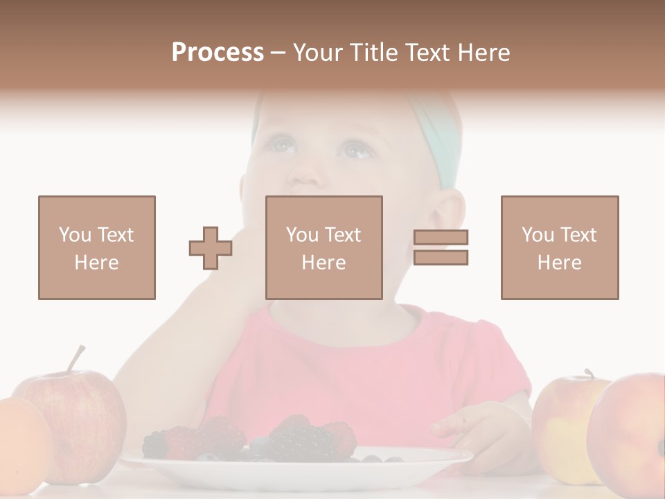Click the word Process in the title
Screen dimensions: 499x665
point(218,52)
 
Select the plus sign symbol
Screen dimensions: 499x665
point(211,248)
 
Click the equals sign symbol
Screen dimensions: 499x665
point(441,247)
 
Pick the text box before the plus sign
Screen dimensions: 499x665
point(97,247)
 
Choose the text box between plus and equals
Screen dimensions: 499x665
point(324,247)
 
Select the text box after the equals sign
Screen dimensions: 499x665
point(560,247)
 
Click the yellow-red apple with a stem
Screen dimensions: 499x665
point(565,423)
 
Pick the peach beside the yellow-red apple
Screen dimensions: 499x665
point(630,433)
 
